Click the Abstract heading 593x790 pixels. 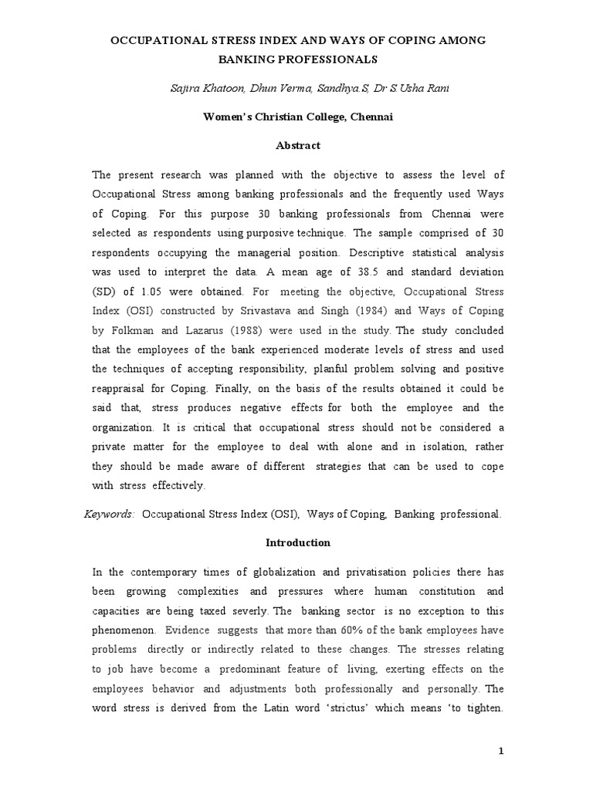point(297,145)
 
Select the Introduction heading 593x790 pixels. point(297,542)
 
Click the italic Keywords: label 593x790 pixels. point(109,513)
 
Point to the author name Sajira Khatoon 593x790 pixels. point(204,88)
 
